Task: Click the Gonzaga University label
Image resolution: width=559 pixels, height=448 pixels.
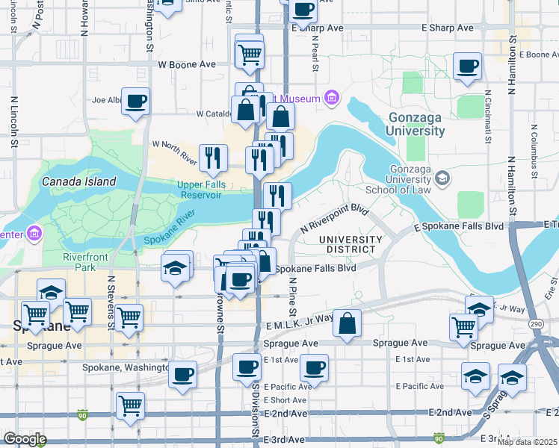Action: click(x=416, y=125)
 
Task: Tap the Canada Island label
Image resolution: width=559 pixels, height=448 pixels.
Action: click(x=78, y=181)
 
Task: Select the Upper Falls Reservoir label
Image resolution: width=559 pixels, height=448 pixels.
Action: click(x=200, y=190)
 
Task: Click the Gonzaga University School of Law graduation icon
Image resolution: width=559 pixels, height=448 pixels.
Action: click(x=443, y=178)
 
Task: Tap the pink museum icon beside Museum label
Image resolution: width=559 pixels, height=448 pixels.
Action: click(x=332, y=98)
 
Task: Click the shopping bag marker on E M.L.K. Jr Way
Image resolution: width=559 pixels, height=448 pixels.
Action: click(x=348, y=324)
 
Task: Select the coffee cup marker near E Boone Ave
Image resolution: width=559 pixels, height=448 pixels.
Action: click(x=467, y=66)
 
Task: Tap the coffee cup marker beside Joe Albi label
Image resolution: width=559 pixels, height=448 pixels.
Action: click(x=135, y=102)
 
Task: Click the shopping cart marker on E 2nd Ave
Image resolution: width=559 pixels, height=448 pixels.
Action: click(x=131, y=407)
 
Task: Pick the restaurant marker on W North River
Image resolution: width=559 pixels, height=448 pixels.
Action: click(x=214, y=158)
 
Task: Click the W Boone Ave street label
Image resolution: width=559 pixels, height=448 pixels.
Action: click(x=187, y=64)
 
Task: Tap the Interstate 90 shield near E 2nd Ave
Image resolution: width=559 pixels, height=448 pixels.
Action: click(x=81, y=415)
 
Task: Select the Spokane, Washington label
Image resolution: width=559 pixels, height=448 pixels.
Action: click(x=126, y=367)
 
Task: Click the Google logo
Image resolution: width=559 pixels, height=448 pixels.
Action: click(x=25, y=440)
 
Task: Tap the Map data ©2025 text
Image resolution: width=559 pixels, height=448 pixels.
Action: click(x=527, y=442)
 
